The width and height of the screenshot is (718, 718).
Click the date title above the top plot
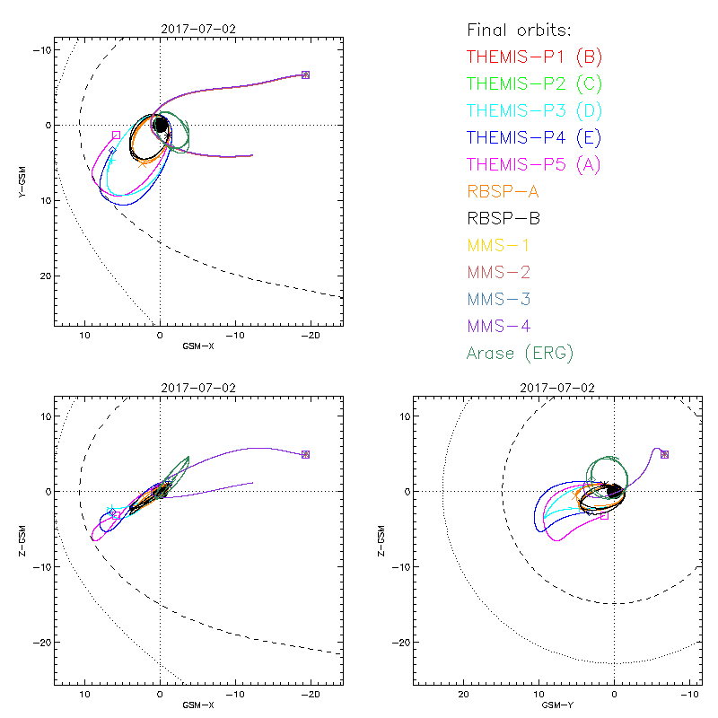click(x=197, y=30)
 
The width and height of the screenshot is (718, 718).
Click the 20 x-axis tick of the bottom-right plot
click(x=464, y=695)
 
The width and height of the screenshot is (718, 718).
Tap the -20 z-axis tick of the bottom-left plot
click(x=39, y=643)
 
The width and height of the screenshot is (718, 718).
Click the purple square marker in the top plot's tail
click(x=305, y=74)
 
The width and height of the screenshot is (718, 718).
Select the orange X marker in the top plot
click(x=143, y=163)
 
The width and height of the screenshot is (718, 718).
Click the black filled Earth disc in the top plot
click(x=161, y=125)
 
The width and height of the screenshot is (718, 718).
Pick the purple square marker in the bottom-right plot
click(x=664, y=454)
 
